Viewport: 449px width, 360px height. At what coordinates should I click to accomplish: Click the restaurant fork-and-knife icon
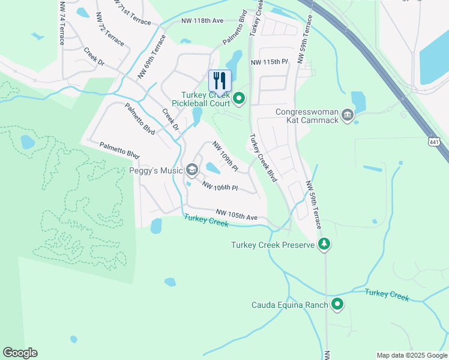coord(220,81)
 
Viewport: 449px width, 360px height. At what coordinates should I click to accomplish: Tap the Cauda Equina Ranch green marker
coord(337,305)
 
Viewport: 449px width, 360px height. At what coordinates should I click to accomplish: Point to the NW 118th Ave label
coord(202,21)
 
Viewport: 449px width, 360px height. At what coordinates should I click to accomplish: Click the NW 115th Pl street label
coord(270,62)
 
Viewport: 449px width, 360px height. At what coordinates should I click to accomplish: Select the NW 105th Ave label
coord(237,214)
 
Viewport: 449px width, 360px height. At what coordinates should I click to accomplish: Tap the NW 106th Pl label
coord(220,187)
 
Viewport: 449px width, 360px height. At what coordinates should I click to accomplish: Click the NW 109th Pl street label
coord(225,155)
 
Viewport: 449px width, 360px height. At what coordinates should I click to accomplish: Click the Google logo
coord(20,353)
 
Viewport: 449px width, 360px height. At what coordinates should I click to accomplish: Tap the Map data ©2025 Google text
coord(412,355)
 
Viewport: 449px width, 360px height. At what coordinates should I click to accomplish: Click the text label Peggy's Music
coord(155,171)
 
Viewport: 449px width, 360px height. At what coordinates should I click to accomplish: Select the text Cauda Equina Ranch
coord(289,305)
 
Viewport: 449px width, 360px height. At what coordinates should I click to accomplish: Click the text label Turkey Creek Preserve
coord(273,245)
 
